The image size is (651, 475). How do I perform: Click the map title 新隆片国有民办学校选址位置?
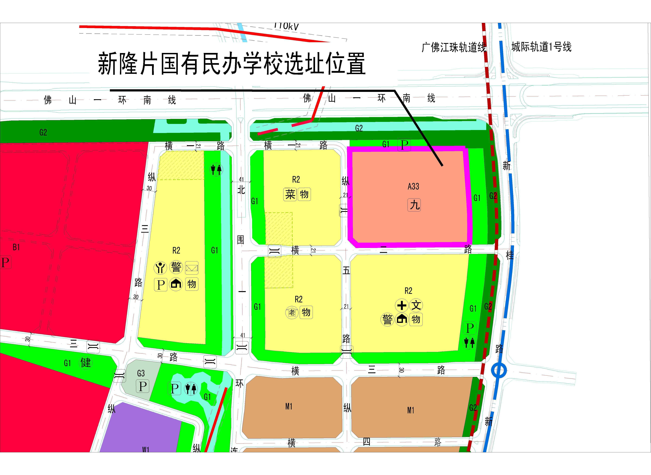(x=232, y=64)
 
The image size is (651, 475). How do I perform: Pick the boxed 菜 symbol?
(x=290, y=194)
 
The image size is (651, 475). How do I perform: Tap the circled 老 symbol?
(x=292, y=313)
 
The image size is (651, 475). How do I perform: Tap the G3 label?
(x=141, y=373)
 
